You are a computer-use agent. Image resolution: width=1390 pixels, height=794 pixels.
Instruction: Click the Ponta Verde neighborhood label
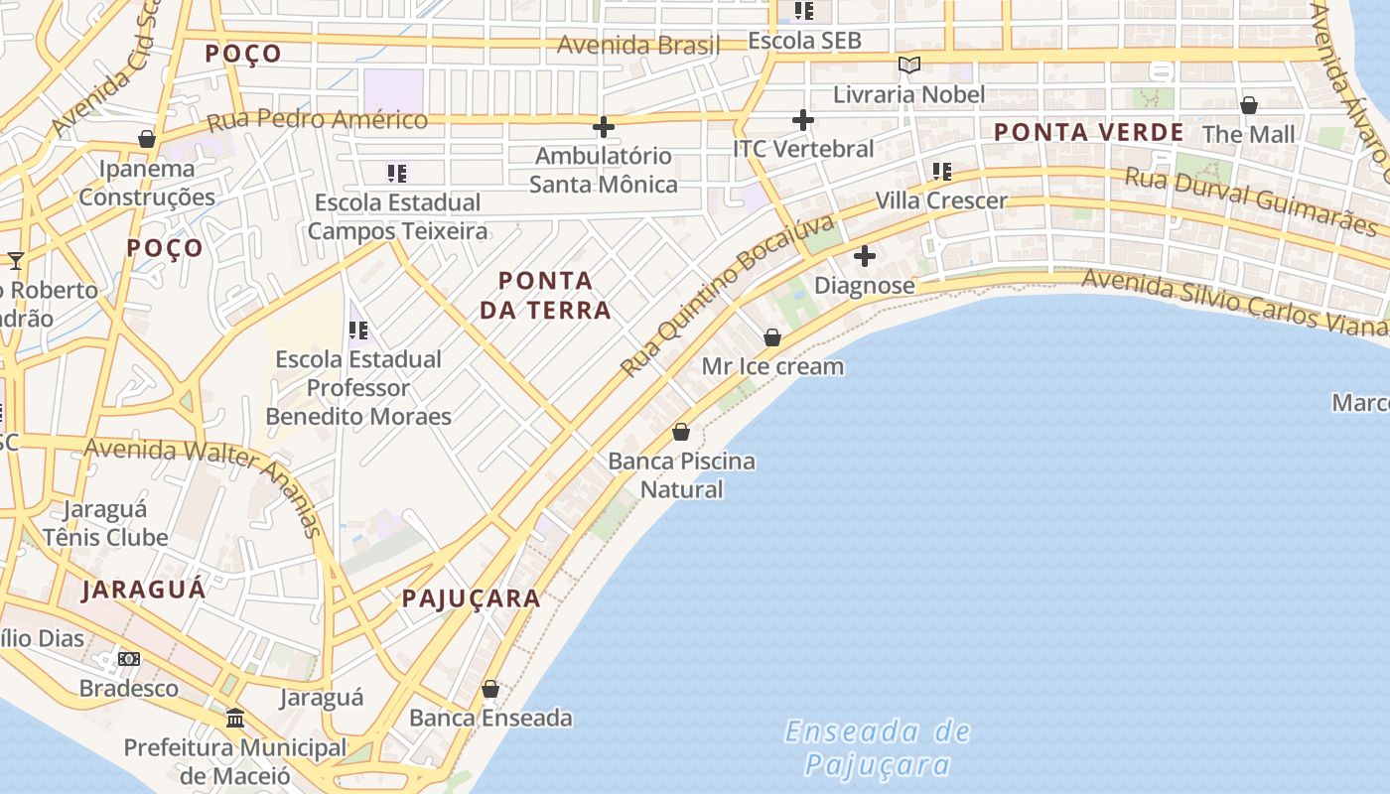pyautogui.click(x=1088, y=132)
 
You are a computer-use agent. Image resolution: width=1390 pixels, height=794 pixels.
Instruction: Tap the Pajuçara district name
pyautogui.click(x=472, y=598)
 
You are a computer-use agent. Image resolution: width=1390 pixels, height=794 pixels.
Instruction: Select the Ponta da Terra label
pyautogui.click(x=545, y=296)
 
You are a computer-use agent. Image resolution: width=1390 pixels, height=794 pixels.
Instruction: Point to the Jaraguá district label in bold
pyautogui.click(x=144, y=590)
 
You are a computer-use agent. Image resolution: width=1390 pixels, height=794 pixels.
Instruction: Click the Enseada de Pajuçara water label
pyautogui.click(x=878, y=748)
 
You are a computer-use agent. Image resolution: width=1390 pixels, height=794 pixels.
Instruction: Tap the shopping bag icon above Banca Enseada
pyautogui.click(x=490, y=689)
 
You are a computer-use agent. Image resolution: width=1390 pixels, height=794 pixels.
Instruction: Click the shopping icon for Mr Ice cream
pyautogui.click(x=772, y=337)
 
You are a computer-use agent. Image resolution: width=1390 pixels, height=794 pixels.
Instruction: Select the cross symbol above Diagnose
pyautogui.click(x=865, y=256)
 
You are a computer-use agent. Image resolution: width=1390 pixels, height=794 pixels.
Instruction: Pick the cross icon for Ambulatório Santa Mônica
pyautogui.click(x=603, y=127)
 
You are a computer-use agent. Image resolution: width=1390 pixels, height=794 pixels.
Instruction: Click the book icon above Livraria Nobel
pyautogui.click(x=908, y=66)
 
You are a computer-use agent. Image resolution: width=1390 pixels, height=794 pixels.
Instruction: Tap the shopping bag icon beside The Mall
pyautogui.click(x=1249, y=105)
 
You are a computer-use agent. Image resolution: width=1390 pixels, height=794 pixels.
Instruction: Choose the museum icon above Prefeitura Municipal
pyautogui.click(x=235, y=718)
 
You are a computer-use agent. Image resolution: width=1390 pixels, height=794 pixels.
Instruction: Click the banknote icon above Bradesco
pyautogui.click(x=129, y=659)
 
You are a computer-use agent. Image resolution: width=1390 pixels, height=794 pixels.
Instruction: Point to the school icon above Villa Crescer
pyautogui.click(x=941, y=172)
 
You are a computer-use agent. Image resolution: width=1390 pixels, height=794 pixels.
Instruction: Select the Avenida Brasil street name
pyautogui.click(x=638, y=45)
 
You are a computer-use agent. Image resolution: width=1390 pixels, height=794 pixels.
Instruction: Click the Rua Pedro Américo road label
pyautogui.click(x=318, y=120)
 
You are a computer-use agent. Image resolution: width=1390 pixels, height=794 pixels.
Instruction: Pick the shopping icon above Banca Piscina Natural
pyautogui.click(x=681, y=432)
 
